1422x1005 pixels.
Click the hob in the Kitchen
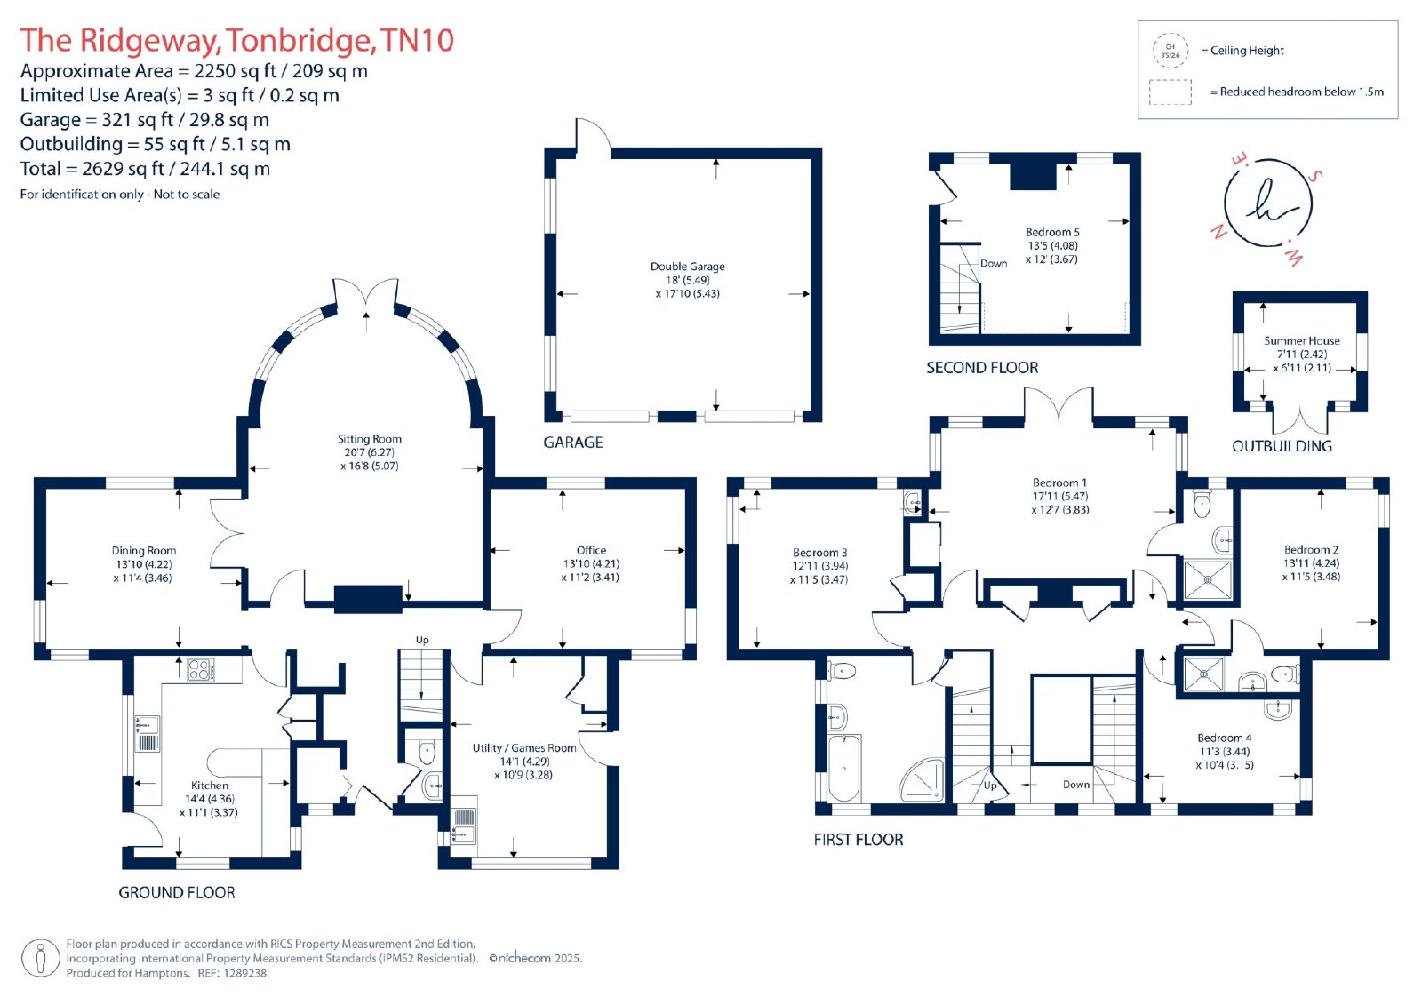point(201,670)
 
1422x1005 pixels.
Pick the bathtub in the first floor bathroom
point(844,769)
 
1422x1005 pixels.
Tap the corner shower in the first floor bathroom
point(922,779)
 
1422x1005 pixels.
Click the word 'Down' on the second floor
point(994,264)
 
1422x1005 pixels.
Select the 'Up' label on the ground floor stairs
point(422,640)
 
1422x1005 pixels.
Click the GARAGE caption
point(572,443)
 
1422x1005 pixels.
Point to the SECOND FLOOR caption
point(982,368)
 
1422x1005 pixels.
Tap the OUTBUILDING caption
point(1282,446)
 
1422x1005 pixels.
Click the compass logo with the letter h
point(1267,203)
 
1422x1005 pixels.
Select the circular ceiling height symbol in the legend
point(1170,51)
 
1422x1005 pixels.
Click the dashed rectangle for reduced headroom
point(1170,92)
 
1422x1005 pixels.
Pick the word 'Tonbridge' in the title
point(298,40)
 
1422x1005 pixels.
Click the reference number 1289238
point(244,973)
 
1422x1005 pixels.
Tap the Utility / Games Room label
point(524,748)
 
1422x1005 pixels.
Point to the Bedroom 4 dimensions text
point(1225,758)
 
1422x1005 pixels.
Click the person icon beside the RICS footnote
point(41,959)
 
